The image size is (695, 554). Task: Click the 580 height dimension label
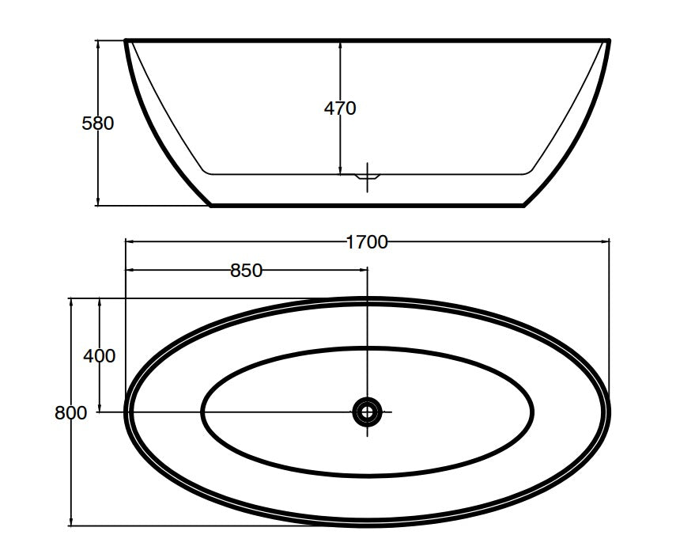click(x=98, y=123)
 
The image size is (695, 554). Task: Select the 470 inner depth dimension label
click(x=340, y=108)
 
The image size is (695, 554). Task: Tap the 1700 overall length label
click(x=367, y=242)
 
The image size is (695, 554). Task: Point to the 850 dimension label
click(x=246, y=271)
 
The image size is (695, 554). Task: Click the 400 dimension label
click(x=100, y=356)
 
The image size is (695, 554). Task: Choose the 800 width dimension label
click(x=71, y=412)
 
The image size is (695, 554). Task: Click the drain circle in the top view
click(x=367, y=411)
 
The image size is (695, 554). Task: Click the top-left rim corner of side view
click(x=127, y=40)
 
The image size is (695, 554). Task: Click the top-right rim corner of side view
click(x=610, y=40)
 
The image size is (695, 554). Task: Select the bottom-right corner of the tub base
click(x=524, y=206)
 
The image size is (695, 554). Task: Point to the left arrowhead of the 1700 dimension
click(x=129, y=242)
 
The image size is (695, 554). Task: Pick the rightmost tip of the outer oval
click(x=610, y=410)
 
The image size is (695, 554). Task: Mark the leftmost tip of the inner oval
click(x=202, y=412)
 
